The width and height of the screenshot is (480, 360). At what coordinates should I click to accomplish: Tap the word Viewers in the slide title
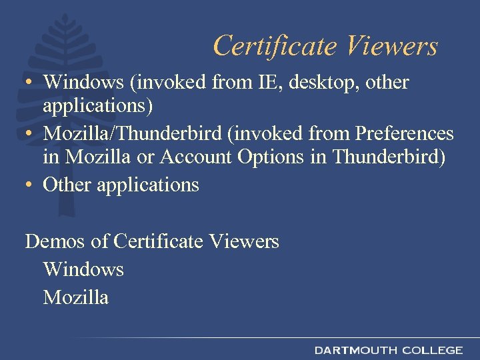[392, 46]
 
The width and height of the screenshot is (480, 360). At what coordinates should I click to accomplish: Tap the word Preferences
[405, 133]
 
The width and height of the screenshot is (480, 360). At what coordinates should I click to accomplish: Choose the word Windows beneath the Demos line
[83, 269]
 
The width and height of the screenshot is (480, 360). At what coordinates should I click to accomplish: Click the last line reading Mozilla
[75, 297]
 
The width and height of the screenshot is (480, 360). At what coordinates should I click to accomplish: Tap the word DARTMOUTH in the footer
[355, 350]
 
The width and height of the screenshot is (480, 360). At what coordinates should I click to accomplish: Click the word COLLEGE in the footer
[433, 350]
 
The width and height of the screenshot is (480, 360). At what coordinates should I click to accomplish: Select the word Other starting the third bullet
[67, 185]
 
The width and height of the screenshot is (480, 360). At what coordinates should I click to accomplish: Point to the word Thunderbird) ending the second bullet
[389, 159]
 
